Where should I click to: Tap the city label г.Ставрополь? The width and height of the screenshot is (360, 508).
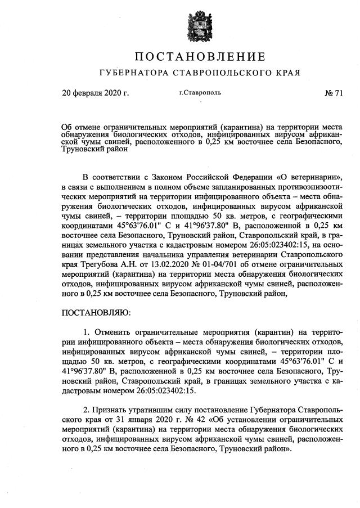pyautogui.click(x=200, y=93)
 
